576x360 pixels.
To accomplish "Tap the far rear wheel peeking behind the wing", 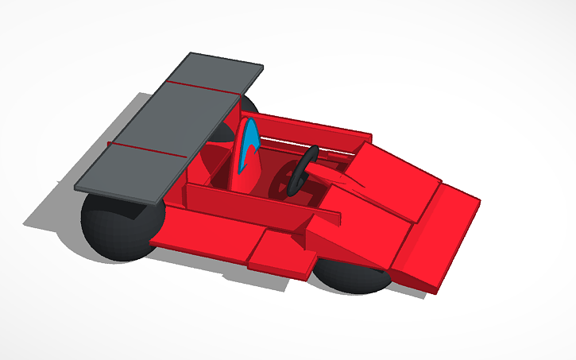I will click(247, 106).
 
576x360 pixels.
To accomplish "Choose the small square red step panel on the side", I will click(281, 254).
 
